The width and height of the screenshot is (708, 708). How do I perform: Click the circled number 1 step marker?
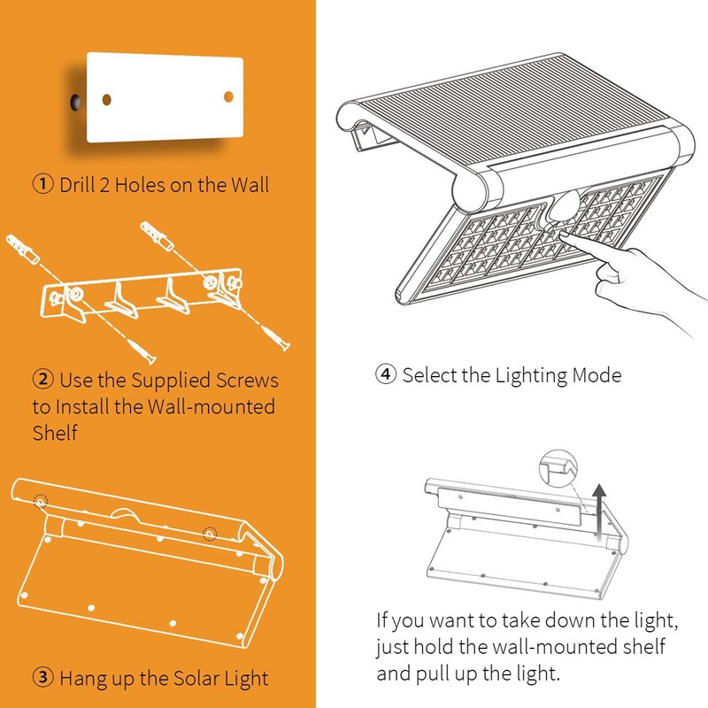click(42, 184)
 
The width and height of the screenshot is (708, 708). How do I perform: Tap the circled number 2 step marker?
click(42, 380)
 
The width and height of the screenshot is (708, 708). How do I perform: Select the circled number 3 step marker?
click(42, 677)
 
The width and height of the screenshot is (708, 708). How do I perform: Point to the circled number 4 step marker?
click(386, 374)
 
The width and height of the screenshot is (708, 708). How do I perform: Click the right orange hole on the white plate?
click(228, 96)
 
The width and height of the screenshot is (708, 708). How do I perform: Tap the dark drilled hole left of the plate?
click(74, 102)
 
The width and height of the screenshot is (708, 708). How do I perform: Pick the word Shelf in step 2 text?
click(55, 433)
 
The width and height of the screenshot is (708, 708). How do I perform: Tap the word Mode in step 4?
click(596, 375)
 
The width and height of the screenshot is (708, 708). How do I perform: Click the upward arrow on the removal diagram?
click(599, 512)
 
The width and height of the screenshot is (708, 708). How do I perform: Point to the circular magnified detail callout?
click(558, 468)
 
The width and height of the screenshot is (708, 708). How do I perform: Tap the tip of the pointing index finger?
click(563, 234)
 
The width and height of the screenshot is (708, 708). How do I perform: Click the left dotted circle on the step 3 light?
click(41, 502)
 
